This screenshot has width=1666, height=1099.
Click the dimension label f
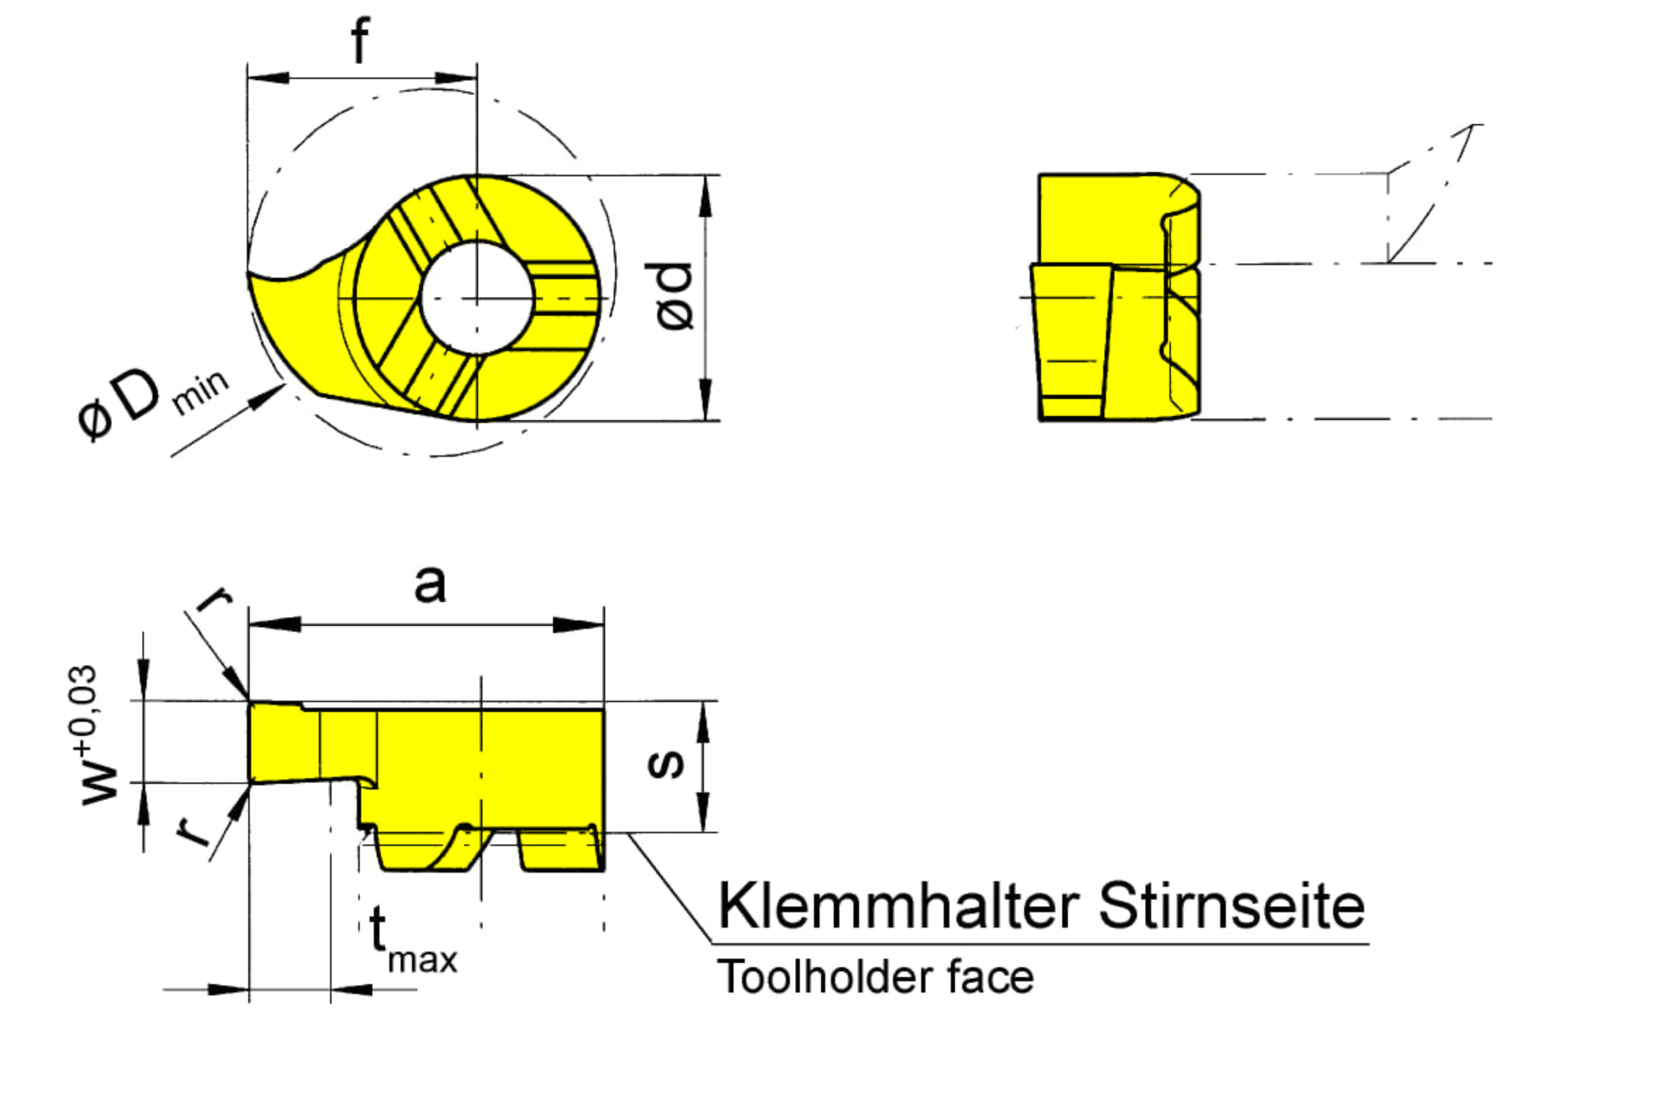(360, 40)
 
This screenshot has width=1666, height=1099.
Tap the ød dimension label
(674, 296)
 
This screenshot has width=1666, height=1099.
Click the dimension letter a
(430, 585)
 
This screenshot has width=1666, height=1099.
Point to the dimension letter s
(667, 763)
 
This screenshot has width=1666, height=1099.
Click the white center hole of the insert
(477, 298)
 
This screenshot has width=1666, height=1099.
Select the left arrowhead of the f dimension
(268, 77)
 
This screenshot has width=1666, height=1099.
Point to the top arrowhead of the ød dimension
(705, 196)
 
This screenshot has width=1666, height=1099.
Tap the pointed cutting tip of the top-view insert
(249, 273)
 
